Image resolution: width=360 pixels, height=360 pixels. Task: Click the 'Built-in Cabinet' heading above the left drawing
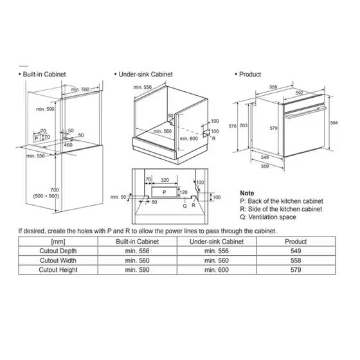click(44, 75)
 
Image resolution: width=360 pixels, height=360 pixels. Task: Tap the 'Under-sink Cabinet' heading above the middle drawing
click(145, 75)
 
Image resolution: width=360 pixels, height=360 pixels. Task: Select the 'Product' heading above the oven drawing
click(250, 75)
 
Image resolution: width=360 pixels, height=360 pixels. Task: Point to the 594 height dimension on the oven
click(334, 123)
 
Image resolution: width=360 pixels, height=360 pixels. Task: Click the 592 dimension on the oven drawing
click(300, 93)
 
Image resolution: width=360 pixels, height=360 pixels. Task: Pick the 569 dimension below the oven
click(265, 166)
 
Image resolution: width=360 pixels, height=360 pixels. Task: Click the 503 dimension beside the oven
click(244, 125)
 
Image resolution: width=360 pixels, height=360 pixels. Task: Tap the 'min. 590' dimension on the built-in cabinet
click(45, 109)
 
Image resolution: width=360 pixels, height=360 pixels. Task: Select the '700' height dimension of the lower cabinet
click(55, 190)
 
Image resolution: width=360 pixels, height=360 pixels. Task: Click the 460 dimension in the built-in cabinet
click(68, 145)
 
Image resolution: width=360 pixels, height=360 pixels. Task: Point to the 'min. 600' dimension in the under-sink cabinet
click(189, 139)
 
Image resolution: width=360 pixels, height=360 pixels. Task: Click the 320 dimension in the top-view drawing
click(165, 180)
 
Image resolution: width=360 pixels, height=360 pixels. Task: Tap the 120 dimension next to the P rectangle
click(183, 192)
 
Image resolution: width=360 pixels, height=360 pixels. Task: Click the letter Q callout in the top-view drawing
click(185, 206)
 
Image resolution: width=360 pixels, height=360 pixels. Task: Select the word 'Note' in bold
click(247, 193)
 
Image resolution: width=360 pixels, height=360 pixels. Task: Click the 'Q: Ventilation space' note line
click(268, 217)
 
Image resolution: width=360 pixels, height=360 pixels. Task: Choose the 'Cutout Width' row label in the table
click(58, 260)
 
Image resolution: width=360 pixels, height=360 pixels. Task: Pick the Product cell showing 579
click(296, 270)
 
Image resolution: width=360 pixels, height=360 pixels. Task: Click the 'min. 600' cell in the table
click(217, 270)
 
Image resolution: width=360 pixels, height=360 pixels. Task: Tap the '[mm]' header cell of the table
click(58, 242)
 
